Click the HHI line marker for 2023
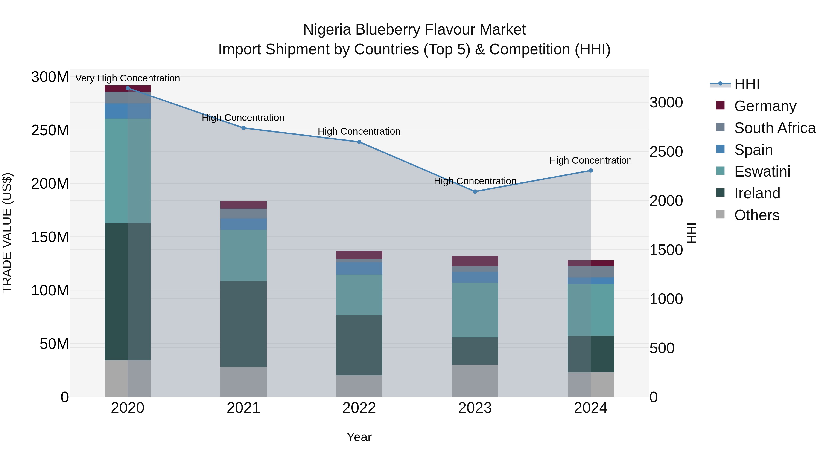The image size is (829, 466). click(x=475, y=191)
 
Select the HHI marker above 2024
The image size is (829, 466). click(x=590, y=171)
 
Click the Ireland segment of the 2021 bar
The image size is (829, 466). click(x=243, y=324)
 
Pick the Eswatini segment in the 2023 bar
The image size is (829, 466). click(x=475, y=310)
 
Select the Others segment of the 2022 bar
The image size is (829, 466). click(x=359, y=386)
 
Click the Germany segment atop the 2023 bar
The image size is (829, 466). click(x=475, y=261)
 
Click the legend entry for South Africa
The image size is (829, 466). click(x=775, y=128)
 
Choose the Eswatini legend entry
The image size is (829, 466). click(x=762, y=171)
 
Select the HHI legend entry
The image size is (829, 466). click(x=747, y=84)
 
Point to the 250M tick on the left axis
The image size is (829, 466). click(x=50, y=130)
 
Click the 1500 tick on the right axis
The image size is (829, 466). click(x=666, y=250)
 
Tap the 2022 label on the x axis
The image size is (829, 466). click(x=359, y=408)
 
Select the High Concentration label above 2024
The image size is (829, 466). click(x=590, y=160)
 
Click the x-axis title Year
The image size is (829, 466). click(x=359, y=437)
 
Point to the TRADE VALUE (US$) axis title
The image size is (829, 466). click(x=7, y=233)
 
